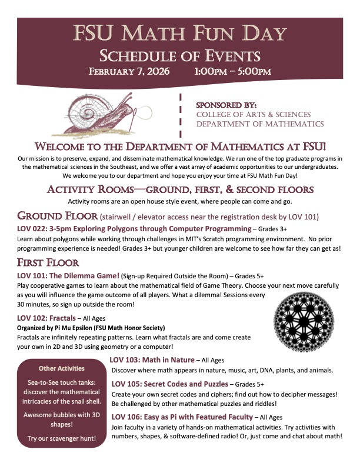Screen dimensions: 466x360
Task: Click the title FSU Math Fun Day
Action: click(x=180, y=35)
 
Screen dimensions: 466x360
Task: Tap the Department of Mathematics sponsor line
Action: click(x=259, y=124)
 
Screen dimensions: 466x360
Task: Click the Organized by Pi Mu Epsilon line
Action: click(x=91, y=327)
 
